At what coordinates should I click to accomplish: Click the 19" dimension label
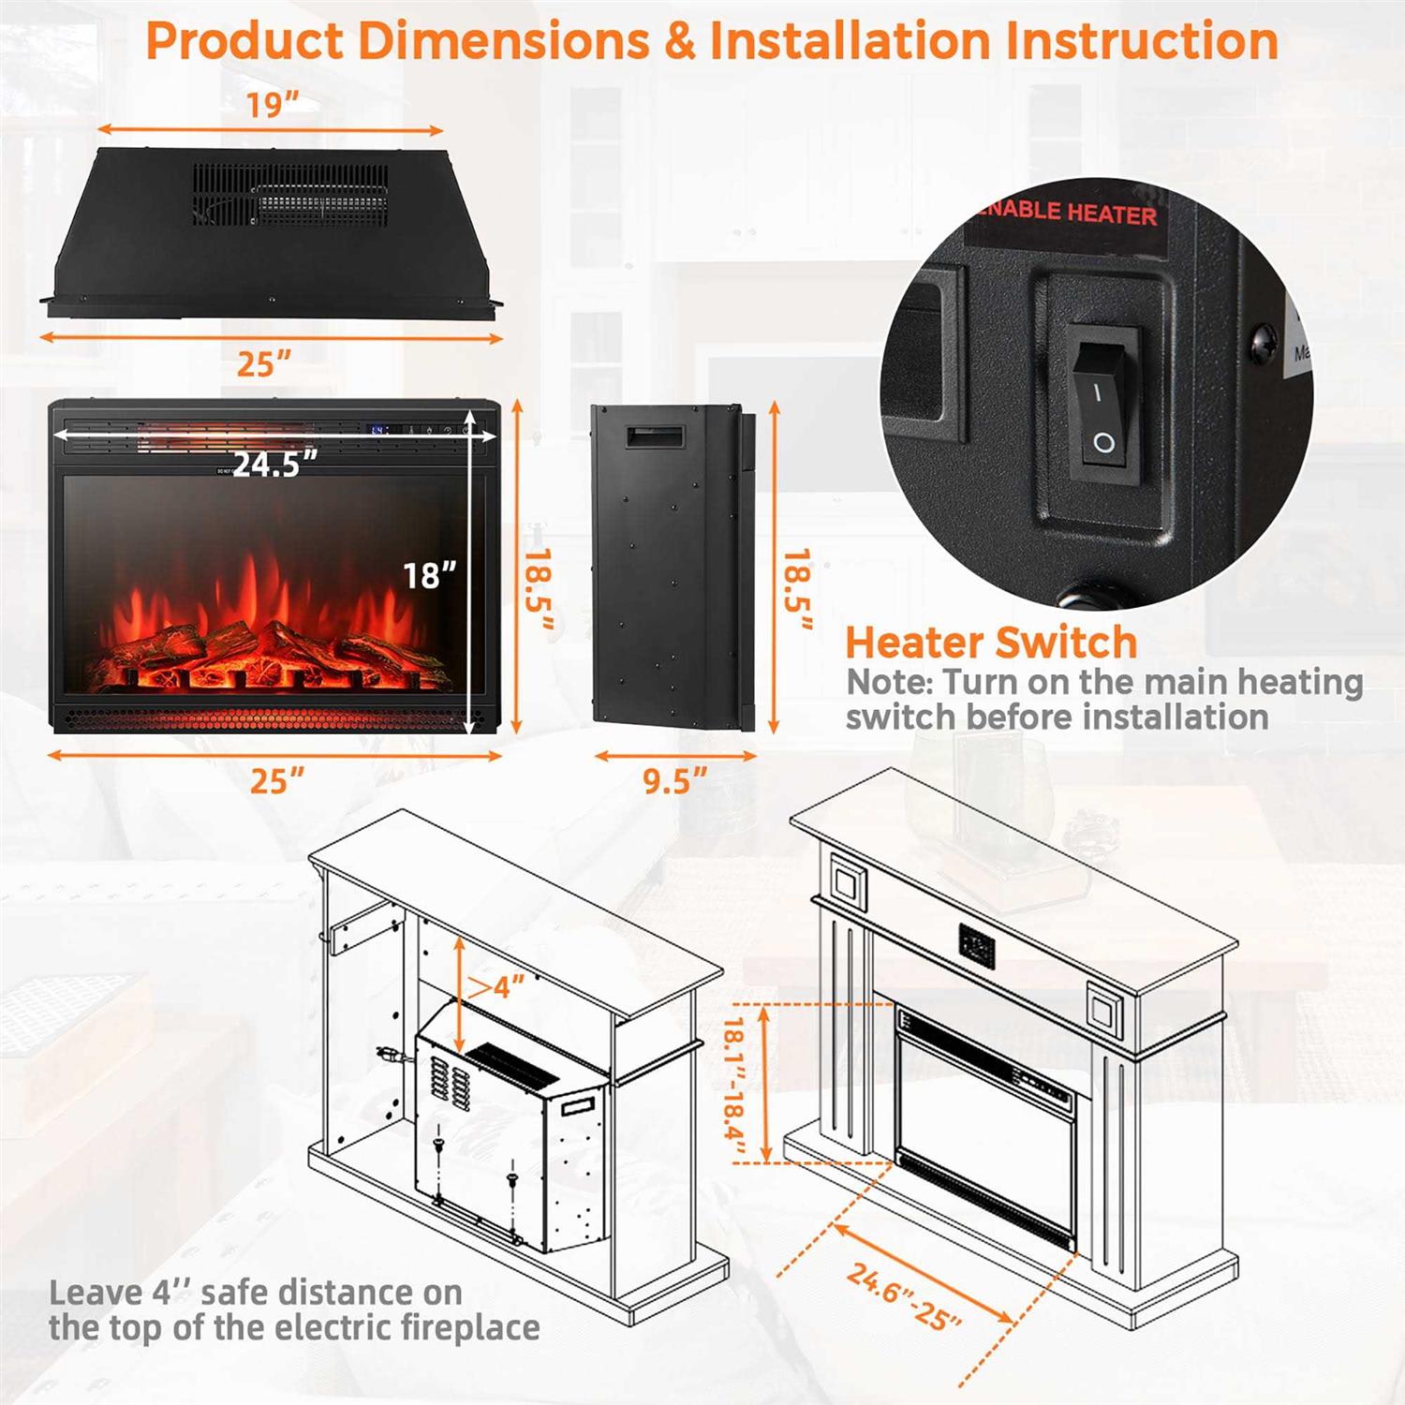[272, 105]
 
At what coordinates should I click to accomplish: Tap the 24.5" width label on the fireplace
[274, 464]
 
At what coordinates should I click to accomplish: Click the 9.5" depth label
[674, 780]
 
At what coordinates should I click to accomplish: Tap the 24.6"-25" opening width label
[905, 1295]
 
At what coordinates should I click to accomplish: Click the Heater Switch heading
[991, 643]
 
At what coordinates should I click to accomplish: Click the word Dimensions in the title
[503, 42]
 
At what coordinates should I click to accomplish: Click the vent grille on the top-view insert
[290, 196]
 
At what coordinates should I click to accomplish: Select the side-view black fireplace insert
[671, 566]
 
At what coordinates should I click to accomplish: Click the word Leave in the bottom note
[95, 1294]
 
